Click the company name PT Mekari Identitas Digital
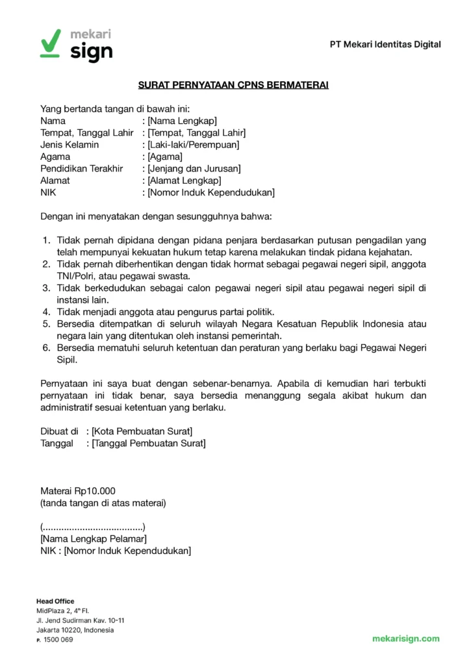click(385, 44)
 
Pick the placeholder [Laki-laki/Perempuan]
click(193, 144)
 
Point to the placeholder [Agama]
click(165, 157)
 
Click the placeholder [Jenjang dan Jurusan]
click(194, 169)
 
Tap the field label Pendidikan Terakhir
click(82, 169)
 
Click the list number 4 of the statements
click(46, 312)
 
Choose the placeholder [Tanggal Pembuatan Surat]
click(149, 444)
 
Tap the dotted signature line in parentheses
click(93, 527)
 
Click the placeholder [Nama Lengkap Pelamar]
click(93, 539)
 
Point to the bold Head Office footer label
click(55, 601)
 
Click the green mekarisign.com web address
click(405, 639)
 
